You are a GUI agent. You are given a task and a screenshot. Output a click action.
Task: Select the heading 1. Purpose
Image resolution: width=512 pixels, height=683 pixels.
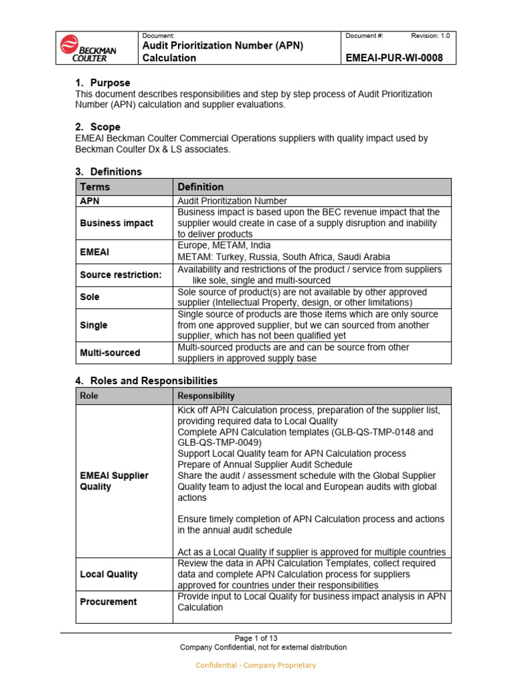[102, 83]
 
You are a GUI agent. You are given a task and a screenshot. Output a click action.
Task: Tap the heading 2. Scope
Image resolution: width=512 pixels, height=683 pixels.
[98, 127]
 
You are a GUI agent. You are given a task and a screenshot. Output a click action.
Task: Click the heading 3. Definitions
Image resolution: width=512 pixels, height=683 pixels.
[109, 171]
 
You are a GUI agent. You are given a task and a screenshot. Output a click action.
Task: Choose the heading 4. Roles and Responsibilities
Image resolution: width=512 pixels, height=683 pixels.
[146, 380]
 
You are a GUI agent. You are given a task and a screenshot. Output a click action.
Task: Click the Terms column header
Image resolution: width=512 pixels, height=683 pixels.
[95, 187]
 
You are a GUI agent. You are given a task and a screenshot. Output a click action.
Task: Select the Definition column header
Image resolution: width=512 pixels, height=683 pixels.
[201, 187]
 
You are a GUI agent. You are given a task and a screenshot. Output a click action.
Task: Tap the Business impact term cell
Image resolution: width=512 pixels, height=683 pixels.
[116, 223]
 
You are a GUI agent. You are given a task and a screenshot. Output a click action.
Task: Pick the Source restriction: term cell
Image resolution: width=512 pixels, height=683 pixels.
[121, 275]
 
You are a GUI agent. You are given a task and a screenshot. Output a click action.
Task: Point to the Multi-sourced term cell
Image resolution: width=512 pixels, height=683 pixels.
[111, 353]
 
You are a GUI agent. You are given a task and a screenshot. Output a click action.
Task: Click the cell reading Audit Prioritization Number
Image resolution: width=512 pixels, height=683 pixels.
[232, 201]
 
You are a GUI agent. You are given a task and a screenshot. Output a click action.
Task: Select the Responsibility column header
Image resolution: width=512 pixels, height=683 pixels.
[204, 396]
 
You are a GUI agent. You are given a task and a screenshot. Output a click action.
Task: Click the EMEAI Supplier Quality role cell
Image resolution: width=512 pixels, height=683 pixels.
[114, 481]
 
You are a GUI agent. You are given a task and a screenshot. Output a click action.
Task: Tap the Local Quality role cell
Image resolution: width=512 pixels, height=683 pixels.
[109, 574]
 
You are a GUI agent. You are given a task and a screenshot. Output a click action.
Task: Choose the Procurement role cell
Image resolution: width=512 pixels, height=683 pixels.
[108, 602]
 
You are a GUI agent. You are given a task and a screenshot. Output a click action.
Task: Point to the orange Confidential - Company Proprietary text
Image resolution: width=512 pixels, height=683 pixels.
[255, 665]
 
